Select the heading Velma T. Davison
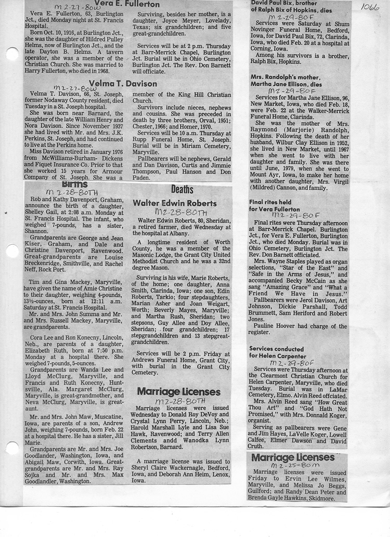(x=123, y=83)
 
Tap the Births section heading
(x=74, y=184)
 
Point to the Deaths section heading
(x=182, y=190)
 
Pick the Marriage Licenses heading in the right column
(x=293, y=457)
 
